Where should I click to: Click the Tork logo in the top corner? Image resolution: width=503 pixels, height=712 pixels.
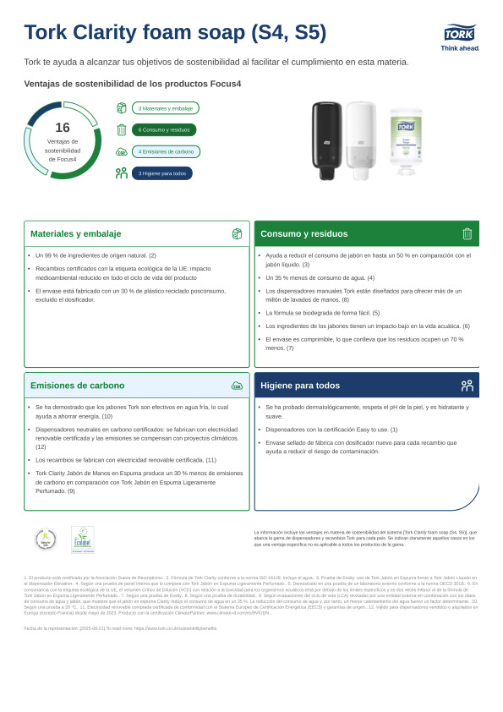[460, 33]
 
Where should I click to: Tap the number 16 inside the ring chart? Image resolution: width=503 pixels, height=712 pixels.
[63, 128]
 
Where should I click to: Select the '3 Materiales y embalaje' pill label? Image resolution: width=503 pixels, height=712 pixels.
[166, 108]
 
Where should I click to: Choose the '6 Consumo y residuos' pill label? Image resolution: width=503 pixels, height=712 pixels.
[164, 130]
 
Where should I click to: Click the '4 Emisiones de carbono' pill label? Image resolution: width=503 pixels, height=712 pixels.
[166, 152]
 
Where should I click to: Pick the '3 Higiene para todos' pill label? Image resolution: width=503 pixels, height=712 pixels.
[161, 173]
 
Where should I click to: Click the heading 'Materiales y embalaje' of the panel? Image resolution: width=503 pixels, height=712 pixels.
[76, 233]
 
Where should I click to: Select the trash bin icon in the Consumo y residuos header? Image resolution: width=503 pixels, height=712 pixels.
[467, 233]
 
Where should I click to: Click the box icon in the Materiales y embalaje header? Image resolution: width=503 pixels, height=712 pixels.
[237, 233]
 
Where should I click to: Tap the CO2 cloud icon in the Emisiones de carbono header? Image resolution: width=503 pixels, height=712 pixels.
[237, 385]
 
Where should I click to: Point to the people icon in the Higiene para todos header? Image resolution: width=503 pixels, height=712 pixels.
[467, 385]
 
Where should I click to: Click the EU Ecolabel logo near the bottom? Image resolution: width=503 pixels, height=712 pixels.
[83, 539]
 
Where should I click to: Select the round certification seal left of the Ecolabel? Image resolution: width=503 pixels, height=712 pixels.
[46, 539]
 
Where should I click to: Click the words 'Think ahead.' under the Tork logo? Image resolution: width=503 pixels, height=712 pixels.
[460, 48]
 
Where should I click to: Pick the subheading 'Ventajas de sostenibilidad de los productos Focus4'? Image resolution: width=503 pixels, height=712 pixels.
[133, 84]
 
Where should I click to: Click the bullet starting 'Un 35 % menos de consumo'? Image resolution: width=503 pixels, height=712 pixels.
[320, 277]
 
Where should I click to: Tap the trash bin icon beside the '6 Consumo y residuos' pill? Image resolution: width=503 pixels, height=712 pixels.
[121, 130]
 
